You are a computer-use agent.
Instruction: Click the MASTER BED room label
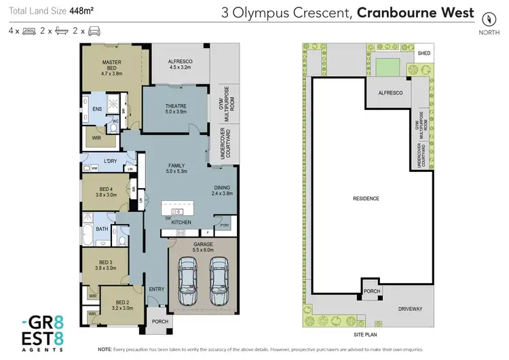pos(111,65)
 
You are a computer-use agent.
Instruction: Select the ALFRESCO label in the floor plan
pos(181,65)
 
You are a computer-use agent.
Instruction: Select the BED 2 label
pos(122,305)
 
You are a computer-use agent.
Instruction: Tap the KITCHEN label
pos(181,222)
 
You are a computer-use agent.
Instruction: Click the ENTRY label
pos(157,289)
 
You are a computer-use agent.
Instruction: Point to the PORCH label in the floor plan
pos(159,322)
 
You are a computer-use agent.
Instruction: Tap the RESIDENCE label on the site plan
pos(366,198)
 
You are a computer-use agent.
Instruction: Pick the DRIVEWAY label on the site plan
pos(409,309)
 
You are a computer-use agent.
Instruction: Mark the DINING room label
pos(223,191)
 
